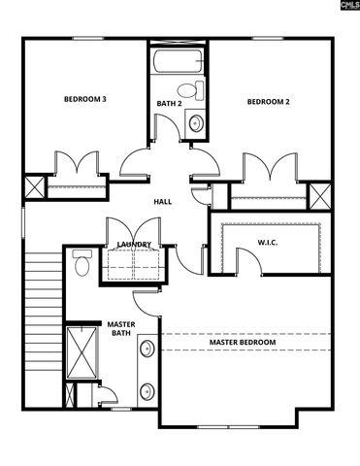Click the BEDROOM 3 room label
point(85,99)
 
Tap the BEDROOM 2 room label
point(268,102)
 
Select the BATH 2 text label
point(169,103)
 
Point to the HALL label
point(163,202)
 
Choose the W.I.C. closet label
point(268,242)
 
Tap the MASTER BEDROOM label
point(243,343)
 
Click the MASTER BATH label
point(121,329)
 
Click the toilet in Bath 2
point(197,91)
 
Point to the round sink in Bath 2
point(195,123)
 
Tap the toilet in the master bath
point(82,263)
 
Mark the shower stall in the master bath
point(79,352)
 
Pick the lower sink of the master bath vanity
point(147,391)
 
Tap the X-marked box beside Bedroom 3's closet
point(35,186)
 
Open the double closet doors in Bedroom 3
point(78,164)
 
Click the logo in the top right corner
point(344,7)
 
